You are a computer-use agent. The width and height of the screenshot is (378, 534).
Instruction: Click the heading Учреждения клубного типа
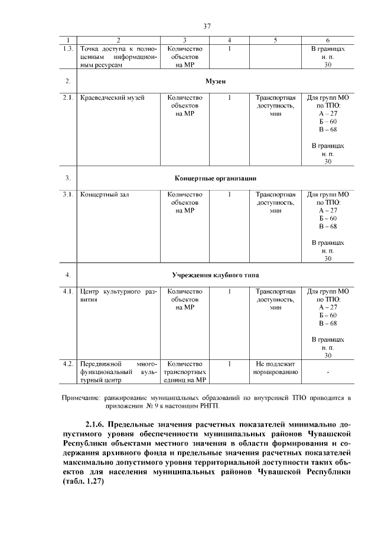tap(216, 275)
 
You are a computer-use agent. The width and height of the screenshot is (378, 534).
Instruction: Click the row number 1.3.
tap(69, 49)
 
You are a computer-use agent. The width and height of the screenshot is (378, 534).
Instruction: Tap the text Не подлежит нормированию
tap(275, 368)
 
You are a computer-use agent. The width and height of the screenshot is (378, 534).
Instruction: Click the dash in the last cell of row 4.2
tap(327, 372)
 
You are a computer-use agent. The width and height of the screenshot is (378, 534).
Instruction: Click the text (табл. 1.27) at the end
tap(83, 481)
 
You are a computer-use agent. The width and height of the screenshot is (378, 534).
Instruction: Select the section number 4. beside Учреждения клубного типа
tap(69, 275)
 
